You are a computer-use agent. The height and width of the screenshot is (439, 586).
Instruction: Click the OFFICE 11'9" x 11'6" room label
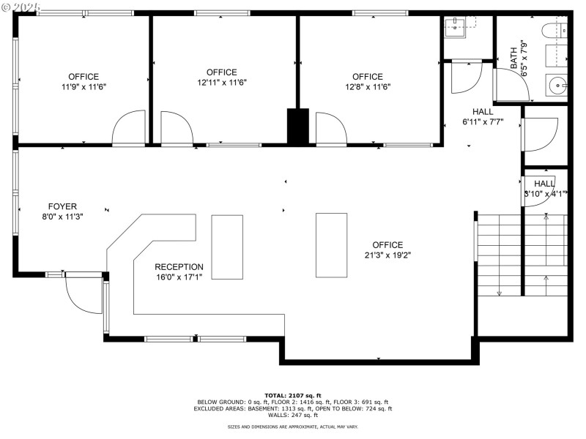[84, 81]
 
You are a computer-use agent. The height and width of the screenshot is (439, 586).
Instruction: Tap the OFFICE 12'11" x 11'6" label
[221, 77]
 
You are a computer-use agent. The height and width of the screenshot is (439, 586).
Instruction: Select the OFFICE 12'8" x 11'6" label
[367, 81]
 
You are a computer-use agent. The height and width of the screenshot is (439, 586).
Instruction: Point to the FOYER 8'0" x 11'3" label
[62, 211]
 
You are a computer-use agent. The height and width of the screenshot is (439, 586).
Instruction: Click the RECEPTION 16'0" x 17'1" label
[179, 271]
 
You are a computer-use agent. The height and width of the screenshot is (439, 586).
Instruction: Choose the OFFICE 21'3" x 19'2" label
[387, 249]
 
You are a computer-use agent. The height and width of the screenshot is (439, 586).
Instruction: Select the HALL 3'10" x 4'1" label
[544, 189]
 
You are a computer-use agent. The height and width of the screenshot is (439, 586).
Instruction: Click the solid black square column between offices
[297, 127]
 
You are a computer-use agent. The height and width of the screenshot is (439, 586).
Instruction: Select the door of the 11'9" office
[129, 129]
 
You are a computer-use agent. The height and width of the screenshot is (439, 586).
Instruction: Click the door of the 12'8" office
[331, 130]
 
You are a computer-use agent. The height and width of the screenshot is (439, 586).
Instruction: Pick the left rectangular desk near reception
[226, 247]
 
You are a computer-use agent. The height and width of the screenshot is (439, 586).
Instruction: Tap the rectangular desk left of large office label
[331, 244]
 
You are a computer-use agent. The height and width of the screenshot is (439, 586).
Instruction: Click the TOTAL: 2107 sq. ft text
[292, 395]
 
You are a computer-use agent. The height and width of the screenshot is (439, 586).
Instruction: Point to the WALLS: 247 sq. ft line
[292, 415]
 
